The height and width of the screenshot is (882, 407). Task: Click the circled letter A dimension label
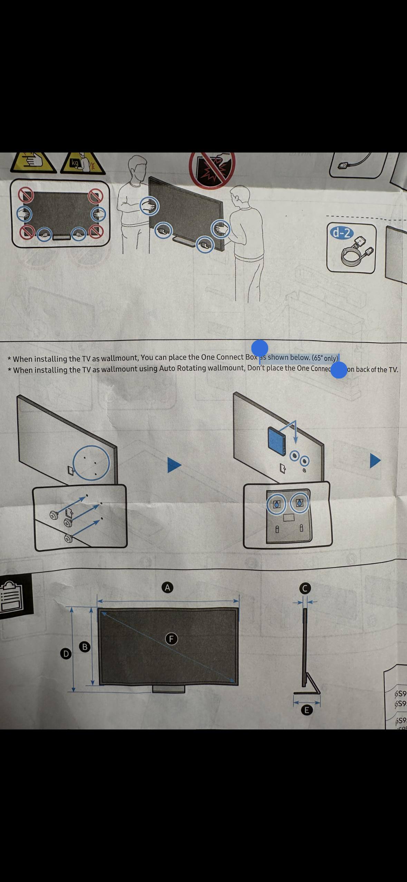pyautogui.click(x=167, y=587)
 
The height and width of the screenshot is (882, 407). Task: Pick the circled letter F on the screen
pyautogui.click(x=171, y=639)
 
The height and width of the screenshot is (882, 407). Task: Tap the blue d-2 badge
pyautogui.click(x=341, y=233)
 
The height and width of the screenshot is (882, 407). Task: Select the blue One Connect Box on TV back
pyautogui.click(x=277, y=440)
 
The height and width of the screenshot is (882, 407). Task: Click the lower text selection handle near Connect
pyautogui.click(x=339, y=370)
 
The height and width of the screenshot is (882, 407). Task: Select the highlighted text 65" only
pyautogui.click(x=325, y=358)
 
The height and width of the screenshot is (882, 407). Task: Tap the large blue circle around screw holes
pyautogui.click(x=91, y=463)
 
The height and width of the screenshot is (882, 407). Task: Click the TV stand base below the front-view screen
pyautogui.click(x=168, y=689)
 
